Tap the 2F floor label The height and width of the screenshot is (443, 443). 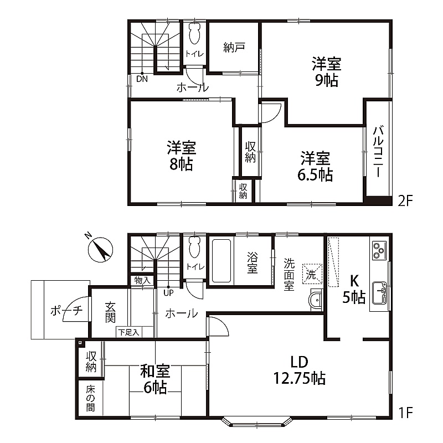[x=405, y=201]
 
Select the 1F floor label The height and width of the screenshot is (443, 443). [x=405, y=413]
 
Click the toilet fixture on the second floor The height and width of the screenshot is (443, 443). [x=195, y=34]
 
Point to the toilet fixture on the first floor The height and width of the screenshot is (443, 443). [x=195, y=247]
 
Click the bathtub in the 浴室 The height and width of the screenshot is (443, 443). [x=221, y=261]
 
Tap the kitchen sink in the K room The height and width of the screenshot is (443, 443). [x=379, y=293]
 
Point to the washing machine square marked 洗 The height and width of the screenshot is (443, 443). [x=312, y=274]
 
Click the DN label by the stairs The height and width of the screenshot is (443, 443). [x=142, y=79]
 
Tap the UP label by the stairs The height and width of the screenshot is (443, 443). [x=168, y=293]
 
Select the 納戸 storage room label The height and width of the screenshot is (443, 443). [x=234, y=48]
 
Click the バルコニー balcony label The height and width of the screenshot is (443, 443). [x=378, y=152]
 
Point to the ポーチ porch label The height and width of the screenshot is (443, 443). [x=66, y=311]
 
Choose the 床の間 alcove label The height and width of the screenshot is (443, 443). [x=90, y=399]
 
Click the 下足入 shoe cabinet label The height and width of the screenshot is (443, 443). [x=129, y=333]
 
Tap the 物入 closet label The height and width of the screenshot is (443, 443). [x=142, y=281]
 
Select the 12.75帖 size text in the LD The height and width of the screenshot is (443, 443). [x=300, y=378]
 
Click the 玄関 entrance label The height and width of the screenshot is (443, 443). [x=110, y=312]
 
